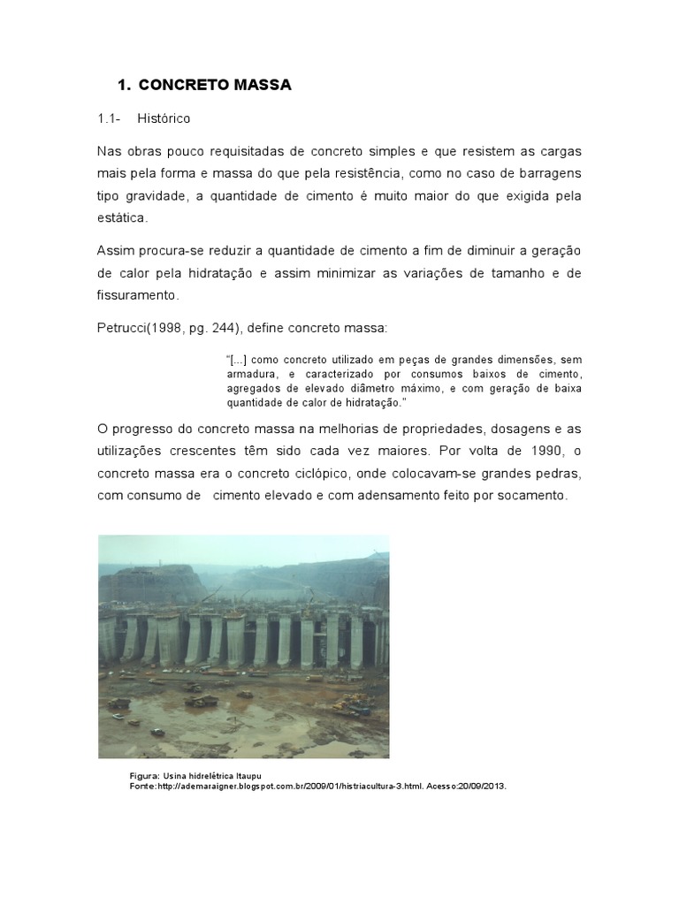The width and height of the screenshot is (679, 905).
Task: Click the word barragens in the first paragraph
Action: click(548, 172)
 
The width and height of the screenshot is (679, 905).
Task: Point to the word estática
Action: click(122, 217)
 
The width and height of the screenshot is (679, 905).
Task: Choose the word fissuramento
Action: click(137, 295)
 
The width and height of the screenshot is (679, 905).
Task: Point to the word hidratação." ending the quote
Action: click(378, 403)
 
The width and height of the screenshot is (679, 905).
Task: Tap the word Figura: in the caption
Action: click(145, 775)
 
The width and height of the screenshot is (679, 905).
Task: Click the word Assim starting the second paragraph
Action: click(116, 251)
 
